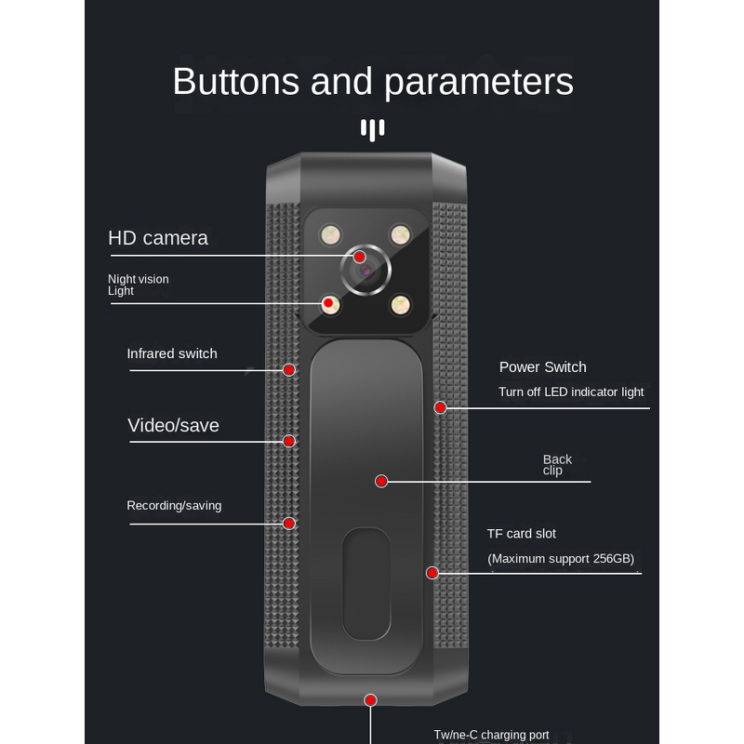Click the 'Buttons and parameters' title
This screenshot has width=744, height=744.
tap(372, 82)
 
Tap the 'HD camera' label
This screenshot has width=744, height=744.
tap(158, 238)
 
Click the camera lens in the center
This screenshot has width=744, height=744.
tap(365, 270)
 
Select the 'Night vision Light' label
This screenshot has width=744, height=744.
tap(138, 285)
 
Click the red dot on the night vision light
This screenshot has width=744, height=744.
tap(328, 303)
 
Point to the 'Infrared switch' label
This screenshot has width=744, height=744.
tap(172, 353)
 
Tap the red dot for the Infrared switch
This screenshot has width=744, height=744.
tap(289, 369)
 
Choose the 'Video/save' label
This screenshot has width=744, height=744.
tap(173, 426)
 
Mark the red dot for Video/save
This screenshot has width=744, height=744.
tap(289, 441)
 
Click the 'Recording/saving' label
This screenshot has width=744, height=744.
tap(174, 506)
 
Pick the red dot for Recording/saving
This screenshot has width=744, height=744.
tap(289, 523)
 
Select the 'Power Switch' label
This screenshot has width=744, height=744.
tap(543, 367)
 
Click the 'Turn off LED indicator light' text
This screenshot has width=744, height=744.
tap(571, 392)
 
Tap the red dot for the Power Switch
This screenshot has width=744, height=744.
tap(441, 407)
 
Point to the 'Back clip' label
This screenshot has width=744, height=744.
tap(557, 465)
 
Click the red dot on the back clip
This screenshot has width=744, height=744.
tap(381, 481)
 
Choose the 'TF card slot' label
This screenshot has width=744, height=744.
tap(522, 534)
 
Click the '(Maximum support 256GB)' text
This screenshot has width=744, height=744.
tap(561, 559)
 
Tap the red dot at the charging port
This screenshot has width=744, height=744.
tap(370, 699)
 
